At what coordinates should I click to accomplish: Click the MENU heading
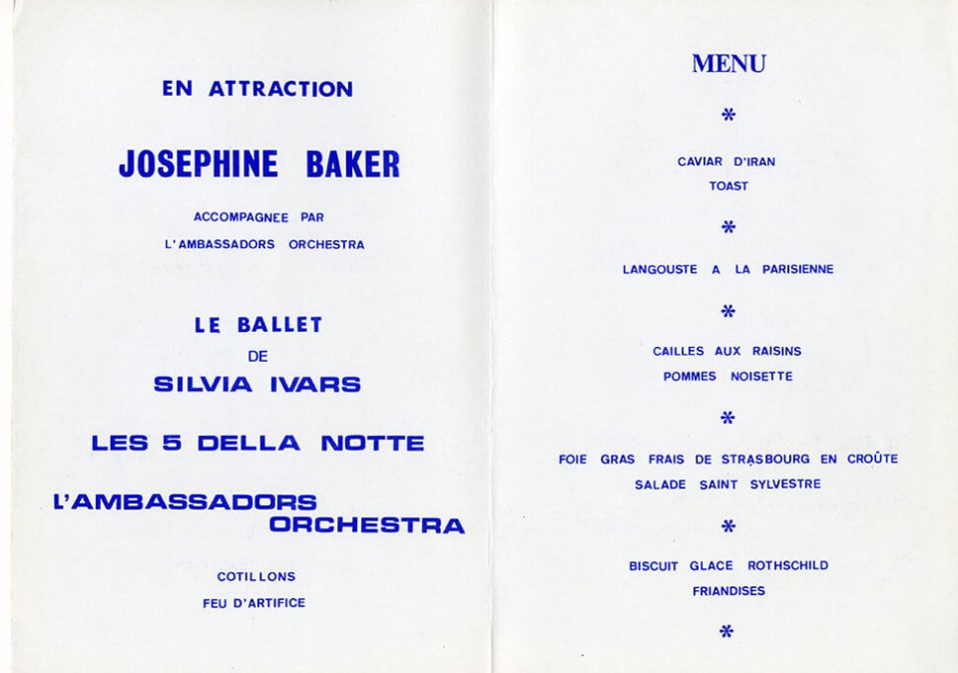pyautogui.click(x=728, y=65)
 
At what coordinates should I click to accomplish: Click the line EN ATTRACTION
pyautogui.click(x=257, y=89)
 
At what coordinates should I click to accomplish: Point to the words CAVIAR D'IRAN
pyautogui.click(x=726, y=162)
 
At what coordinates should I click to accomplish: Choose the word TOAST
pyautogui.click(x=728, y=186)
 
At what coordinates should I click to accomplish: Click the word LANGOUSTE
pyautogui.click(x=661, y=269)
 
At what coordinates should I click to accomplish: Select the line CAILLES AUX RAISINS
pyautogui.click(x=726, y=351)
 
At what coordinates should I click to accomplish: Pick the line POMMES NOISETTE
pyautogui.click(x=727, y=377)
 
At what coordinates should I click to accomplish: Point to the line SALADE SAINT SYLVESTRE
pyautogui.click(x=727, y=485)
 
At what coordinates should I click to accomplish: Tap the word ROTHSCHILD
pyautogui.click(x=788, y=566)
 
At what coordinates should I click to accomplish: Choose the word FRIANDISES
pyautogui.click(x=728, y=591)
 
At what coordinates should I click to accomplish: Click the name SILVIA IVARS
pyautogui.click(x=257, y=384)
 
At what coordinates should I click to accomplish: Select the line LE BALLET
pyautogui.click(x=258, y=325)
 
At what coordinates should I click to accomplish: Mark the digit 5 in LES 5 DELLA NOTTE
pyautogui.click(x=171, y=443)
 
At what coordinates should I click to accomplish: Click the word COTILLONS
pyautogui.click(x=256, y=577)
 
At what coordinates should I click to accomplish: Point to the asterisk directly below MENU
pyautogui.click(x=728, y=116)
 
